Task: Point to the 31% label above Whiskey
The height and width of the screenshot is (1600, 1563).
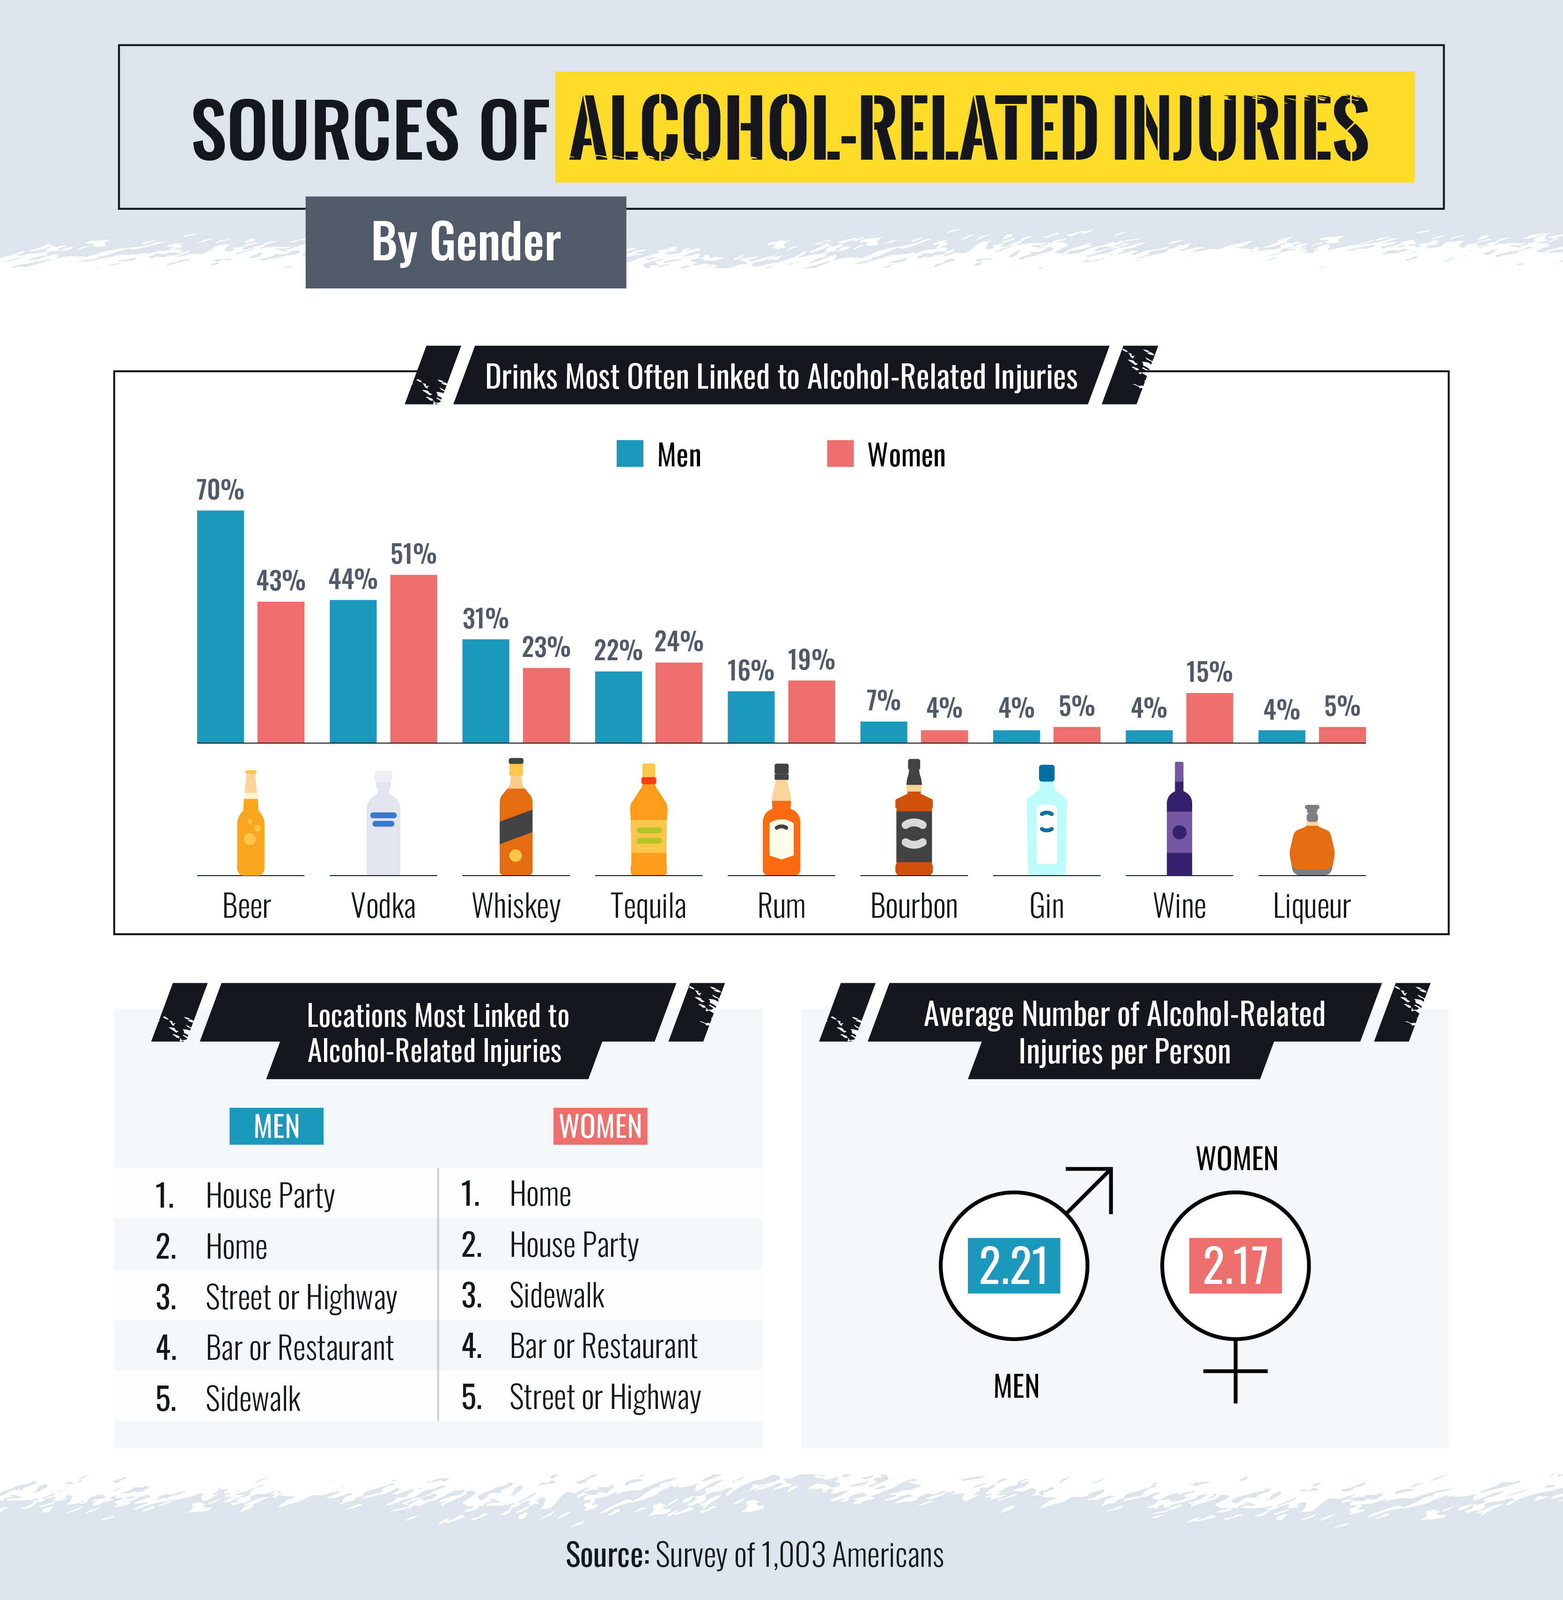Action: click(x=485, y=619)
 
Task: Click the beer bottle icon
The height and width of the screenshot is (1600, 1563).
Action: click(x=251, y=823)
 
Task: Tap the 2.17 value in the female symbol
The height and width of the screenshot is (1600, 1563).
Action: click(x=1235, y=1265)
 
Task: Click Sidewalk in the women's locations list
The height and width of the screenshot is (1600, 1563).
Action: click(x=557, y=1296)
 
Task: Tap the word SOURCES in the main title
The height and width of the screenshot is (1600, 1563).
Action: click(x=325, y=130)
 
